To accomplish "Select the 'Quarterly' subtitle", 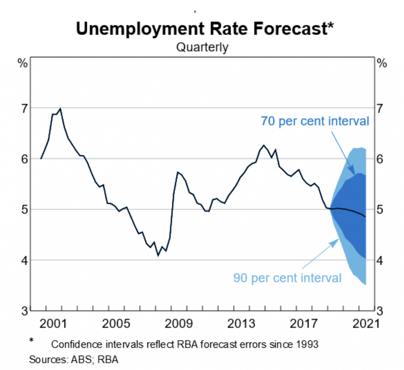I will click(x=202, y=47).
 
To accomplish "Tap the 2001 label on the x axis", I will click(x=53, y=324).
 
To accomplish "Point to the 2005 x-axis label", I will click(x=116, y=324).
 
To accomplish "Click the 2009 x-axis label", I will click(x=178, y=324).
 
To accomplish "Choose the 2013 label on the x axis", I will click(x=241, y=324).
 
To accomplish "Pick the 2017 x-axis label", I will click(x=304, y=324).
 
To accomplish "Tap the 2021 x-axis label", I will click(x=366, y=324).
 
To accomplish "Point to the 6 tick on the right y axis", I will click(x=380, y=159).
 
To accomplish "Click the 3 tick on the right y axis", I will click(x=380, y=311).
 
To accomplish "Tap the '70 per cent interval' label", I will click(x=315, y=121).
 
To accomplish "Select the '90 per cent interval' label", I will click(x=287, y=278).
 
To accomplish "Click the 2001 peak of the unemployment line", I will click(x=60, y=109).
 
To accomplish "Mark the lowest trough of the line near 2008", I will click(x=158, y=256).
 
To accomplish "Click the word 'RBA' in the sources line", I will click(x=108, y=360).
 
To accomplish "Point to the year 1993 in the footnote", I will click(x=307, y=344).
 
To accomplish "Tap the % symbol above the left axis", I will click(x=23, y=63).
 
